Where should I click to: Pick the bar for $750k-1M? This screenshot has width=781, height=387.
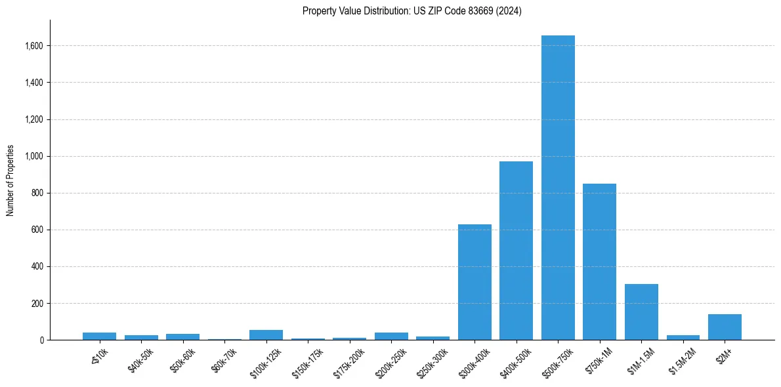(599, 262)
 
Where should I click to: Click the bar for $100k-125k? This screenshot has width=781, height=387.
(266, 335)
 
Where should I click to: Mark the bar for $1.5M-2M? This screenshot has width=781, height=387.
(683, 337)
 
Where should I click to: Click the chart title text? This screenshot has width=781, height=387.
(412, 11)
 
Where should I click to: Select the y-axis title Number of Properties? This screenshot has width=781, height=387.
(11, 180)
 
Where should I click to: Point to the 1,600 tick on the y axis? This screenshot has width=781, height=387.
(34, 46)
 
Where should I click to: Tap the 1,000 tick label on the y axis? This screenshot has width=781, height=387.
(34, 156)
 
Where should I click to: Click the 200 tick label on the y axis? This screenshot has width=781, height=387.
(37, 303)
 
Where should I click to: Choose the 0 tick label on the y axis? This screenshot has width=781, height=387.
(41, 340)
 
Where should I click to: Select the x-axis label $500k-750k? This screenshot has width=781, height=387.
(557, 359)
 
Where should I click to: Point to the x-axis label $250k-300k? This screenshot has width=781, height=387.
(431, 360)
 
